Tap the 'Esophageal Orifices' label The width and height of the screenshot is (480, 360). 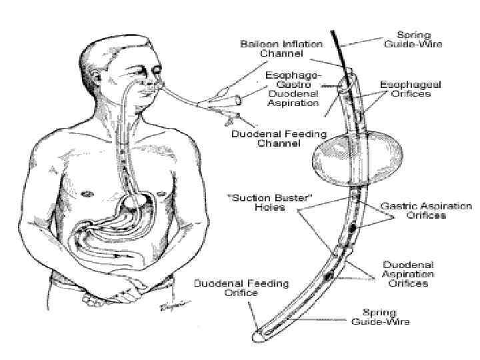405,89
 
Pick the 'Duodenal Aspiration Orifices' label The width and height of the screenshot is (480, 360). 407,274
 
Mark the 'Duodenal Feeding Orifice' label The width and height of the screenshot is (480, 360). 241,288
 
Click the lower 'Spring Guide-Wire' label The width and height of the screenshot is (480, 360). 381,317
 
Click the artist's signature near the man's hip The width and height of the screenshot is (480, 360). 172,305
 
